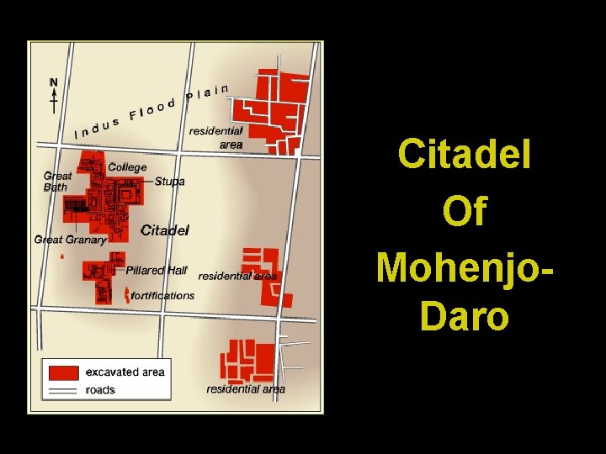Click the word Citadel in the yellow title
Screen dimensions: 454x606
465,155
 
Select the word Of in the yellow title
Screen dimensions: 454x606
465,211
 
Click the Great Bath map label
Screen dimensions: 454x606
57,182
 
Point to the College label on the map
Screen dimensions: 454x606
127,167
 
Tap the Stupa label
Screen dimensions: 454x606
169,182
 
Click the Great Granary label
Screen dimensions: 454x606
71,240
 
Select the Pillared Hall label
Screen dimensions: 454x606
157,270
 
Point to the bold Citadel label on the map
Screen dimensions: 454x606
165,230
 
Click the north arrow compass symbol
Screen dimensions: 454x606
54,95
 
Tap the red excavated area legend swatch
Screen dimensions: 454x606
64,372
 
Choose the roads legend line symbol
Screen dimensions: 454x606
64,390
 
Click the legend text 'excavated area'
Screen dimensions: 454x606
125,372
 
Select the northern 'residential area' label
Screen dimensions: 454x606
216,138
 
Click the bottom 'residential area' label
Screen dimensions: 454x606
246,389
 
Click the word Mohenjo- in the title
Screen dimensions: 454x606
465,267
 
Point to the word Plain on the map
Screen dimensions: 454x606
208,91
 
